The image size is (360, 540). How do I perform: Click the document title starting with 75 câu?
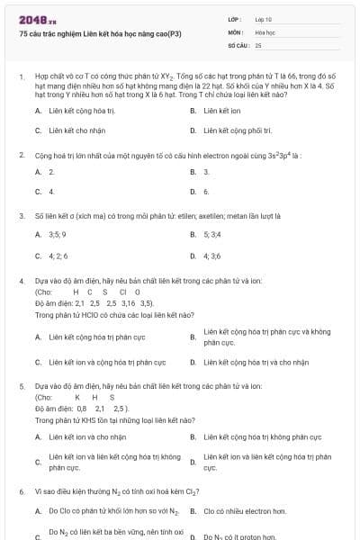(x=99, y=33)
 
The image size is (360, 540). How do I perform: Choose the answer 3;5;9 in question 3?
(x=56, y=235)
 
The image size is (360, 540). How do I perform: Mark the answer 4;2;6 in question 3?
(x=58, y=255)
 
